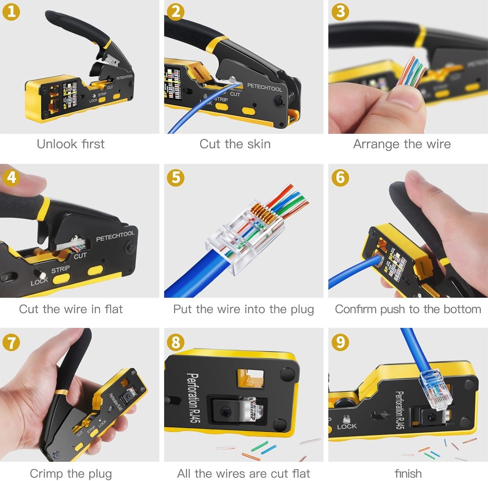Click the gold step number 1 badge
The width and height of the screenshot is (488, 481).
pyautogui.click(x=11, y=11)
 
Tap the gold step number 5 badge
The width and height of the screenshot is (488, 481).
pyautogui.click(x=175, y=177)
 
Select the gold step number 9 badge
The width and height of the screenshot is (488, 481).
pyautogui.click(x=340, y=341)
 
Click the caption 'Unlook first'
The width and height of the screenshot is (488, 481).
pyautogui.click(x=71, y=144)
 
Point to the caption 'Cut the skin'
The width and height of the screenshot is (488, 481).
pyautogui.click(x=235, y=144)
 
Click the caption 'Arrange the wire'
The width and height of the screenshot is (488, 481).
pyautogui.click(x=402, y=144)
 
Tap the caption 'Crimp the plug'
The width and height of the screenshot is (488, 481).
pyautogui.click(x=71, y=473)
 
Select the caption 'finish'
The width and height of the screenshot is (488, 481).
pyautogui.click(x=408, y=473)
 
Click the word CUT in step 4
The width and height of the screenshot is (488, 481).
pyautogui.click(x=80, y=256)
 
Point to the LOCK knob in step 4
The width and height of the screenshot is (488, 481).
pyautogui.click(x=41, y=274)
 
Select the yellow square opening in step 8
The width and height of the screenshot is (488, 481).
pyautogui.click(x=250, y=378)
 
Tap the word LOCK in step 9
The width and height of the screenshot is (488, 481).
pyautogui.click(x=346, y=426)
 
